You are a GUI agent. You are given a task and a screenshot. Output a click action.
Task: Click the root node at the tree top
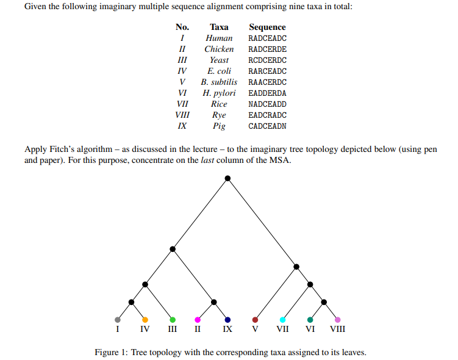point(227,178)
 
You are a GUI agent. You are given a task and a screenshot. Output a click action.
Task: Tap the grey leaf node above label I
point(118,320)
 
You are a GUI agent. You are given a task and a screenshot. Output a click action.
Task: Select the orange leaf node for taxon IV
point(145,320)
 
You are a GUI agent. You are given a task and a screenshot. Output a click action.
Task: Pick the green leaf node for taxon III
point(173,320)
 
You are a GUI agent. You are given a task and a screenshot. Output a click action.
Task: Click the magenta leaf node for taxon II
point(198,320)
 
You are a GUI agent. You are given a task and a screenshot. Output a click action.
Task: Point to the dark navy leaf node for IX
point(227,320)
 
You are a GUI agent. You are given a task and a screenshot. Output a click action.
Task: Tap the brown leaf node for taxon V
point(255,320)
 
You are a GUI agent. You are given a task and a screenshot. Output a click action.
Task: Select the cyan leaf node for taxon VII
point(282,320)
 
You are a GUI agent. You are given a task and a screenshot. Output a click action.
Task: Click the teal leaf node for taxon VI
point(310,320)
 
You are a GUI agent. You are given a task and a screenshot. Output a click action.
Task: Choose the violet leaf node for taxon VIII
point(337,320)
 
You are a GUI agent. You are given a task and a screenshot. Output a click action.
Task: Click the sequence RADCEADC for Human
point(267,38)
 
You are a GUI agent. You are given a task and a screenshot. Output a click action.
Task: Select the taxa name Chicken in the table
point(219,49)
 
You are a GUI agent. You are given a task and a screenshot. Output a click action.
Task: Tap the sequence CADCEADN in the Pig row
point(267,126)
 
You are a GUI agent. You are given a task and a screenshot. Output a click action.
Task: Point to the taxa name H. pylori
point(219,93)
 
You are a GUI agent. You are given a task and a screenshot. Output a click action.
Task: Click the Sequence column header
point(267,27)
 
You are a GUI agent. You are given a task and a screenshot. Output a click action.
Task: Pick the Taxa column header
point(219,27)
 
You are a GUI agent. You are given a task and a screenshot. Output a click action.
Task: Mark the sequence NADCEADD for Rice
point(267,104)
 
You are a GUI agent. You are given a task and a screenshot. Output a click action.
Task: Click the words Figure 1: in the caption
point(112,352)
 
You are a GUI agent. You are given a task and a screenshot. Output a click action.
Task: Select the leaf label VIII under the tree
point(337,330)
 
